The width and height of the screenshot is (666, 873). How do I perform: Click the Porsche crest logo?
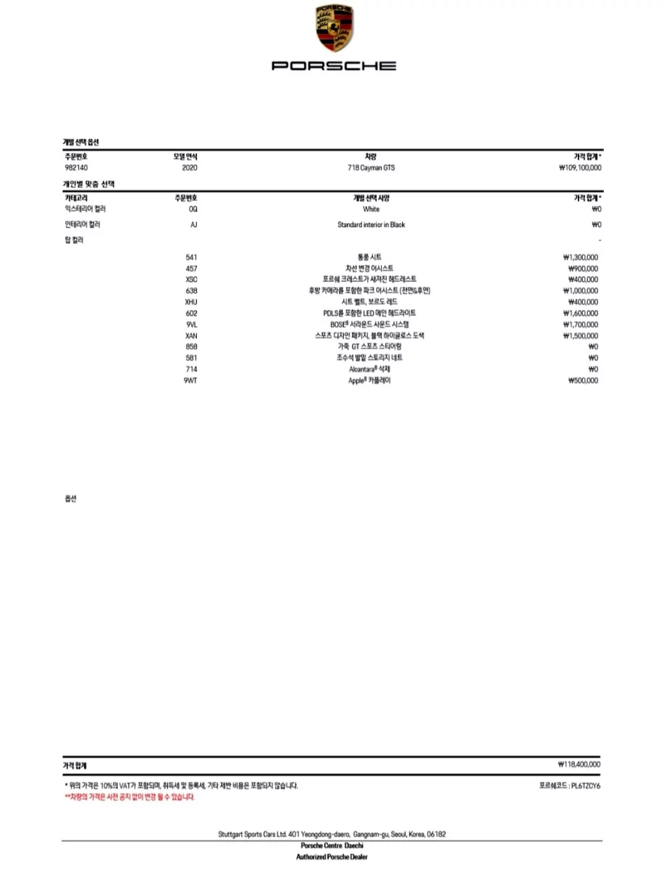click(x=334, y=29)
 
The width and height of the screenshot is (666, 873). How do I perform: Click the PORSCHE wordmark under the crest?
click(x=334, y=66)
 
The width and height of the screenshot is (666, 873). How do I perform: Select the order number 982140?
click(x=76, y=168)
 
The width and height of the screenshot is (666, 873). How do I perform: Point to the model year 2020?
click(x=190, y=168)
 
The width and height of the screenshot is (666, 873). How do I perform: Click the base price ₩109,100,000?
click(x=579, y=168)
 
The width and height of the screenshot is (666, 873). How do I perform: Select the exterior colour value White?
click(x=371, y=209)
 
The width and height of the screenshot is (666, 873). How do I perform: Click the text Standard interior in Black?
click(x=371, y=225)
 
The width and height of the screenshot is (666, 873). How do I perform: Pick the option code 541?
click(x=191, y=257)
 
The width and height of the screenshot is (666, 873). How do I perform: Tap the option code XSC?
click(x=191, y=279)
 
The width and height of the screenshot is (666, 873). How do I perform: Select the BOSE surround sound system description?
click(x=370, y=324)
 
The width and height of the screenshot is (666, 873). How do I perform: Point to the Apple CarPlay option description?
click(x=370, y=381)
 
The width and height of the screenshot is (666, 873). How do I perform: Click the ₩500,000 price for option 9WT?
click(x=583, y=381)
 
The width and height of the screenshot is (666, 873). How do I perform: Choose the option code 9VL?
click(x=191, y=324)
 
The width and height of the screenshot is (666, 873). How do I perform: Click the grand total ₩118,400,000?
click(x=579, y=764)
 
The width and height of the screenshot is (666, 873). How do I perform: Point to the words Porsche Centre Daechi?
click(x=332, y=845)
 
